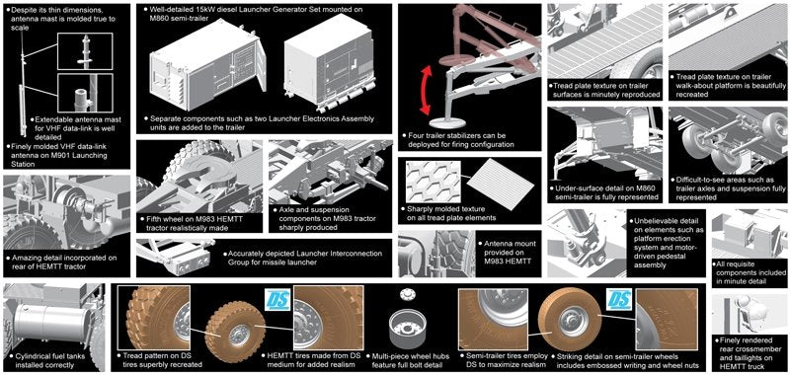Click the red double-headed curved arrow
click(425, 92)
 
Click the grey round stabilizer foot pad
click(446, 122)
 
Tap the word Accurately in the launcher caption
click(245, 254)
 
